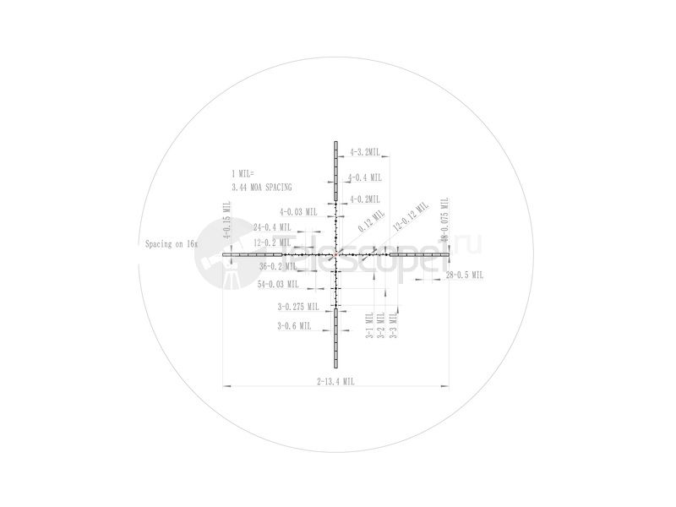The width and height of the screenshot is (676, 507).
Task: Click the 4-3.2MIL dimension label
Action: tap(365, 153)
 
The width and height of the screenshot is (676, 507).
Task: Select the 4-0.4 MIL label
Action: tap(365, 177)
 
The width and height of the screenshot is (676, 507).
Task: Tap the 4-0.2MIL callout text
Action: tap(365, 199)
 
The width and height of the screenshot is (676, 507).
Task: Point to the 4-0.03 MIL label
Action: tap(298, 212)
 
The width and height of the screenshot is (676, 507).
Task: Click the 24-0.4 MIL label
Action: tap(272, 227)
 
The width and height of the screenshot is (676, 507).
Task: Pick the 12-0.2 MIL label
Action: tap(272, 243)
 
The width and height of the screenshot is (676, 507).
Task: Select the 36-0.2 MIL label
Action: tap(278, 265)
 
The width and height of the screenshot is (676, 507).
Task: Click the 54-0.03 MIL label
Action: tap(276, 284)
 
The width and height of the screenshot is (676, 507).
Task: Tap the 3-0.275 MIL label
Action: tap(297, 307)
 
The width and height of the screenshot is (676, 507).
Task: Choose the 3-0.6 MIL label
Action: tap(294, 325)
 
